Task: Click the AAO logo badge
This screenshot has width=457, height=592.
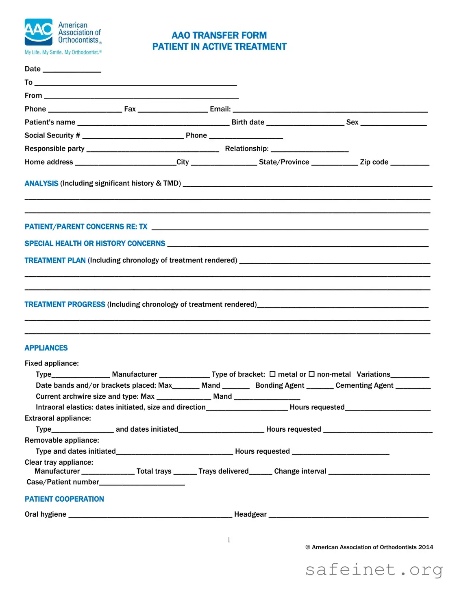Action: pyautogui.click(x=39, y=32)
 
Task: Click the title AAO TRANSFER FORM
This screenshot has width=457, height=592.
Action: pyautogui.click(x=219, y=35)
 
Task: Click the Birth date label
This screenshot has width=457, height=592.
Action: pyautogui.click(x=248, y=122)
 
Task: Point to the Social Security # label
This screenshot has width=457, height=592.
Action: pyautogui.click(x=52, y=135)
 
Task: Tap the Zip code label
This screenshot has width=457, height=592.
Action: pyautogui.click(x=374, y=162)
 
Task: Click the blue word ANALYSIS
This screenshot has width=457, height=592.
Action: pyautogui.click(x=41, y=183)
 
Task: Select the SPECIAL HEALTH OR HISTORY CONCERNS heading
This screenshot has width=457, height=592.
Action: pyautogui.click(x=95, y=244)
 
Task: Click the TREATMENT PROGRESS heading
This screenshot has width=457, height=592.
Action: pyautogui.click(x=65, y=304)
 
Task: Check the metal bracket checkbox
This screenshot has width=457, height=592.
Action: pyautogui.click(x=272, y=374)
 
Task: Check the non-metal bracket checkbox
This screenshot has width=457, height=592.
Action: pyautogui.click(x=311, y=374)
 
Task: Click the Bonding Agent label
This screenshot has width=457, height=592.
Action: pyautogui.click(x=280, y=385)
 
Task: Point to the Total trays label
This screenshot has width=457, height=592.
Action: pyautogui.click(x=154, y=471)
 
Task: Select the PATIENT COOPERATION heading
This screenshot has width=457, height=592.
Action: pyautogui.click(x=64, y=499)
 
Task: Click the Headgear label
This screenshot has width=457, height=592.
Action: pyautogui.click(x=250, y=514)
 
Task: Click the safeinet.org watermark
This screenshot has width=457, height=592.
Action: pyautogui.click(x=374, y=570)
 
